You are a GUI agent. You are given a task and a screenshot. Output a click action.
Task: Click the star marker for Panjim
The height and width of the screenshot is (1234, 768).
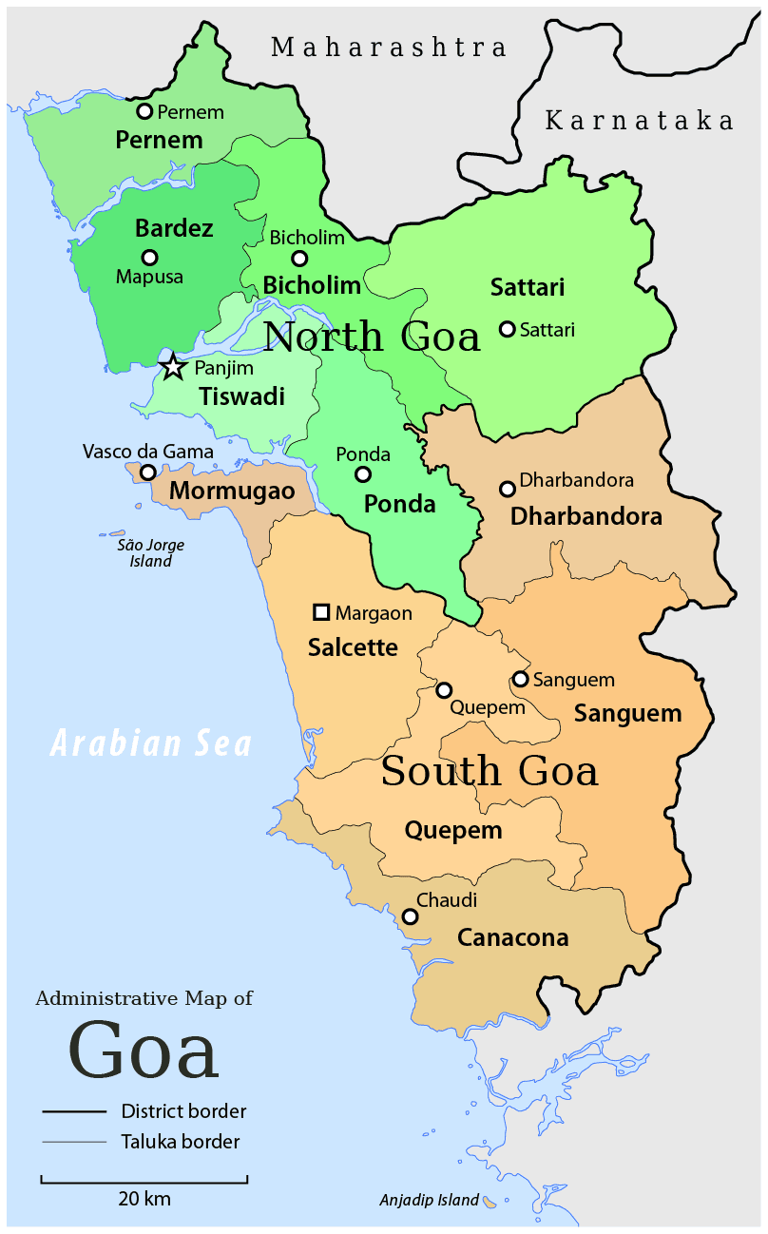(173, 367)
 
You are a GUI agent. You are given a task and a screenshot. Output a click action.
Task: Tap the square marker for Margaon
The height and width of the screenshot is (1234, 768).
(321, 612)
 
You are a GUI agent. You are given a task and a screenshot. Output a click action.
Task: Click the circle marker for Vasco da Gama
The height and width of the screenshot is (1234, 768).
(148, 472)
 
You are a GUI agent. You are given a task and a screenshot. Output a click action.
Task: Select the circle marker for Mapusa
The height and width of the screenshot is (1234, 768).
(149, 257)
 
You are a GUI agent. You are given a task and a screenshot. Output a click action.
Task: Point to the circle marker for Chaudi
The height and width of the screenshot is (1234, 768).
(410, 916)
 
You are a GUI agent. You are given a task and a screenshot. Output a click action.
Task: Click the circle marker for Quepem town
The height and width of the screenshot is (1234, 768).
(444, 689)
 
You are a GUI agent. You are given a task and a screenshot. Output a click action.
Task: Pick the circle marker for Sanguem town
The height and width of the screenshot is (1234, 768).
(520, 679)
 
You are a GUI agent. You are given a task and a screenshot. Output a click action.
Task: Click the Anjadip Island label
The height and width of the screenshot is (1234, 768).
(429, 1200)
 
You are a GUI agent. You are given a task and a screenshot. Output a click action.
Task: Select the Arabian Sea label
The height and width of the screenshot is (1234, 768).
(151, 742)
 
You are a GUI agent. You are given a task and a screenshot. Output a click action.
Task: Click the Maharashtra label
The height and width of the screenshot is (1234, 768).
(389, 47)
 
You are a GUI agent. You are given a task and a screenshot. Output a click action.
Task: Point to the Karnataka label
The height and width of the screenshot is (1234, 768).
(640, 121)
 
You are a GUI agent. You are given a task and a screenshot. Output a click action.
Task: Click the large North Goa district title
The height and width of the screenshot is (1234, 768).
(372, 337)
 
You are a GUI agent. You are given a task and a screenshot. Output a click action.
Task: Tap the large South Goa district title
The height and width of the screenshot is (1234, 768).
(490, 770)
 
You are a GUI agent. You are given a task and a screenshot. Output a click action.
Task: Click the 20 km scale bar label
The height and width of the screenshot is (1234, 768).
(144, 1198)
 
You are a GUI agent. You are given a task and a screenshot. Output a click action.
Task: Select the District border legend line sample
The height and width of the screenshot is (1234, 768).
(73, 1111)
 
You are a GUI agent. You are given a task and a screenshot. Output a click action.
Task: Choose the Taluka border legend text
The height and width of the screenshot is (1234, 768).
(181, 1142)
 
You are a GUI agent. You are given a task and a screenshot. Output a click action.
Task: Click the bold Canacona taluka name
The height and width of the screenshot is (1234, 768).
(513, 938)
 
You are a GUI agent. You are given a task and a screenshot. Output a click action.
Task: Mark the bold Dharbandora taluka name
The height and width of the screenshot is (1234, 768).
(586, 517)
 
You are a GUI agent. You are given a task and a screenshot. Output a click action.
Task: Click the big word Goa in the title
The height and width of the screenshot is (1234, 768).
(144, 1051)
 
